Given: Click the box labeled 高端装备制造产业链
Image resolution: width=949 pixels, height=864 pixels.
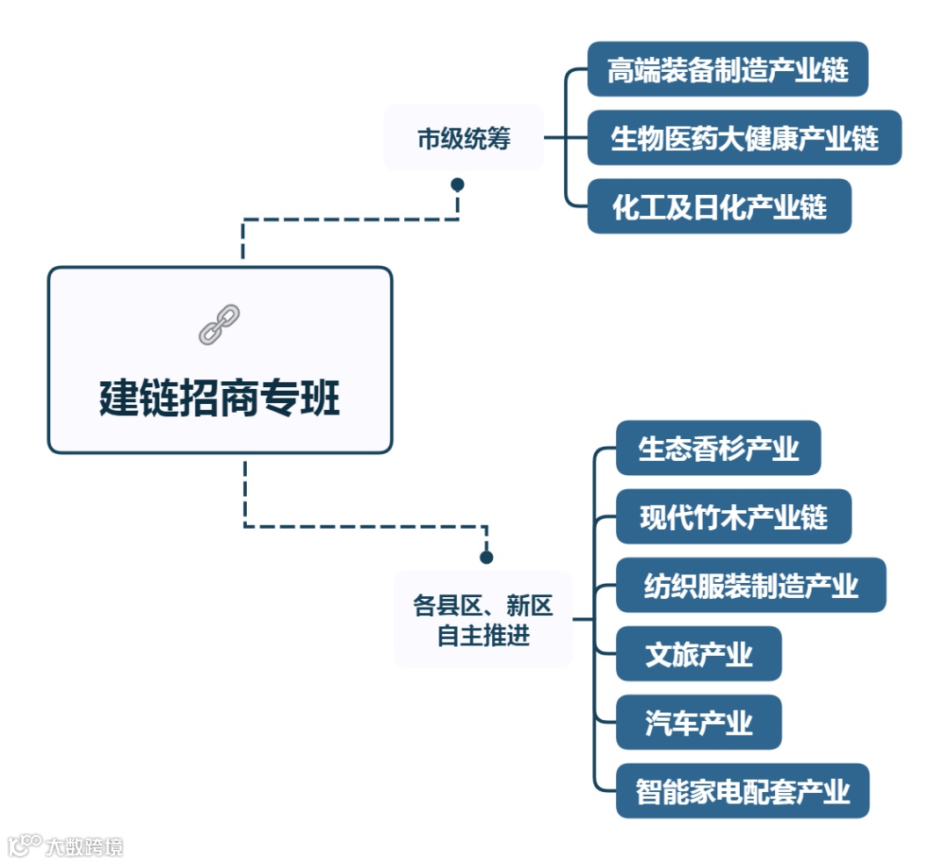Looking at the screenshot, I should [x=728, y=69].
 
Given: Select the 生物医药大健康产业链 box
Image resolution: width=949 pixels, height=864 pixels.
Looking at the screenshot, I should [x=744, y=138].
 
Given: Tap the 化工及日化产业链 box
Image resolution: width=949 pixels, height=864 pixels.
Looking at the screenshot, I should [x=719, y=206].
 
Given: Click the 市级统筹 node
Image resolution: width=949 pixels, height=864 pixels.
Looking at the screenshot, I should [x=463, y=139].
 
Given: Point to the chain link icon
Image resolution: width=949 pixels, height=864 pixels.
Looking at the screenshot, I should [x=220, y=324].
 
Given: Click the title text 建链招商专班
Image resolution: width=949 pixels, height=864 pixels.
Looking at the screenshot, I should [x=220, y=399].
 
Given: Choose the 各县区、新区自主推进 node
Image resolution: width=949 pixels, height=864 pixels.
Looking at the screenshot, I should [x=483, y=620].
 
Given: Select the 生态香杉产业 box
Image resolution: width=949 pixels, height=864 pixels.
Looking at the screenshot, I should [x=718, y=449].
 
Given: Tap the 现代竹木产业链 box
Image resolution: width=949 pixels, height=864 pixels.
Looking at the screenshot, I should [x=734, y=517].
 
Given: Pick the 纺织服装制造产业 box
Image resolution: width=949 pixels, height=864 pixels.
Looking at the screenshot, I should [x=750, y=586].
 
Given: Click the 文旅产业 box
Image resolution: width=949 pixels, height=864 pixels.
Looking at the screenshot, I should [x=699, y=654].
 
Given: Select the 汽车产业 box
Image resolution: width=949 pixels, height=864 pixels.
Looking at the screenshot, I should [x=699, y=723].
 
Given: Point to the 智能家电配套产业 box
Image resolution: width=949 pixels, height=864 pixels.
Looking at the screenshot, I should [x=743, y=791].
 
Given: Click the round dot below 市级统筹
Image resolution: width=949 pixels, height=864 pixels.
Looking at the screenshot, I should [x=457, y=184].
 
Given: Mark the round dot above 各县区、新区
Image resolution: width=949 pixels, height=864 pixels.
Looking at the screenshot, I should [x=486, y=558].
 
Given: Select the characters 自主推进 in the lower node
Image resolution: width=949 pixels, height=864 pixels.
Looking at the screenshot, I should [x=483, y=635].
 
